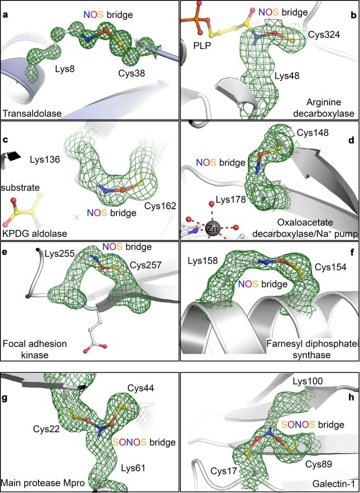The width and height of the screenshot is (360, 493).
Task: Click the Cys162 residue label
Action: (x=160, y=206)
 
